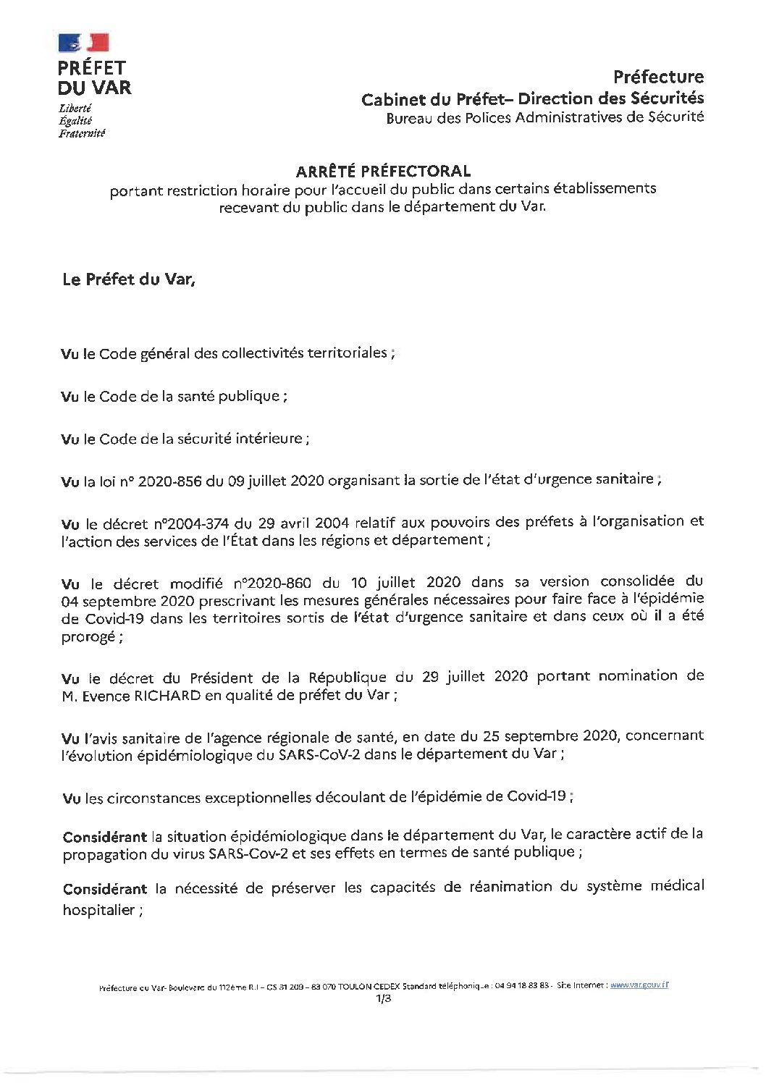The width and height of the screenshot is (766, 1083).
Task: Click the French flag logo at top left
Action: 83,43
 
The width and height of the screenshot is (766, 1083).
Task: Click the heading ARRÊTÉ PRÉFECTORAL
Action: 383,172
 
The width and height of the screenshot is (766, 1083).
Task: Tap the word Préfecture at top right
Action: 657,76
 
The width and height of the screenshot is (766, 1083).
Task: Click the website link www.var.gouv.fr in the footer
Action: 638,985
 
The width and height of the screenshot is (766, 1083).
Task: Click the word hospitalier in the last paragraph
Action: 98,910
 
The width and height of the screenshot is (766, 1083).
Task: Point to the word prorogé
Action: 88,638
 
